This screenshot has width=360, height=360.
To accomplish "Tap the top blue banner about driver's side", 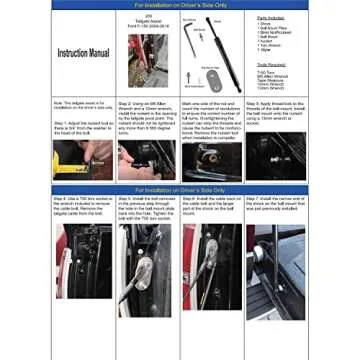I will click(179, 4).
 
